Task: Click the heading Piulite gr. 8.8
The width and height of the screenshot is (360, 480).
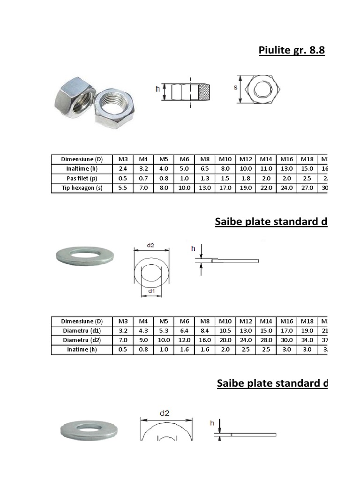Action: pos(292,51)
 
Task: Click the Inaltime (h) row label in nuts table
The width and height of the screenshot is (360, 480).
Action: pos(82,169)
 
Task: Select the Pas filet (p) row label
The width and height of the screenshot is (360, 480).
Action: pos(82,179)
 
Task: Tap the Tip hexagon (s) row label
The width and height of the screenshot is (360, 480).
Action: pos(82,188)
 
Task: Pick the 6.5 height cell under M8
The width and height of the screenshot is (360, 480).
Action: pos(205,169)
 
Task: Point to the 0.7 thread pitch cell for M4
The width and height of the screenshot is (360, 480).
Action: pos(143,179)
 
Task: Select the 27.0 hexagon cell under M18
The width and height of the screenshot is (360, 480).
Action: pos(307,188)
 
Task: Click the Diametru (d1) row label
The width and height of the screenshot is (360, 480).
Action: pos(82,331)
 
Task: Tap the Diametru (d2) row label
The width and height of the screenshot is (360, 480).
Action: pos(82,340)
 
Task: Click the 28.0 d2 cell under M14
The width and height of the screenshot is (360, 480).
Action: pos(266,340)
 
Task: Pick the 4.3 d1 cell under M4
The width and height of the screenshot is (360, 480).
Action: pos(143,331)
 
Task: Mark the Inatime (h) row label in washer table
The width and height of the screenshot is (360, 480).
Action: pos(82,350)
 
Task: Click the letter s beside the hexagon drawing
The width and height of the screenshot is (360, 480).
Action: pos(235,88)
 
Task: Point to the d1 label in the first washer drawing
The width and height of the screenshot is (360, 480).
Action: pos(151,291)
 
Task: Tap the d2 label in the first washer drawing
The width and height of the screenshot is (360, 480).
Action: pos(151,245)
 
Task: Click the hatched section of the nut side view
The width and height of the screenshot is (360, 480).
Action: pos(205,92)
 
